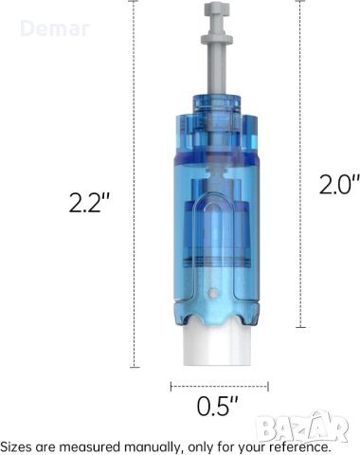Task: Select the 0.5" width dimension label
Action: pyautogui.click(x=218, y=407)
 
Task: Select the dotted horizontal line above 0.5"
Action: pyautogui.click(x=219, y=385)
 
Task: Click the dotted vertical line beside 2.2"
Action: pyautogui.click(x=135, y=190)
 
